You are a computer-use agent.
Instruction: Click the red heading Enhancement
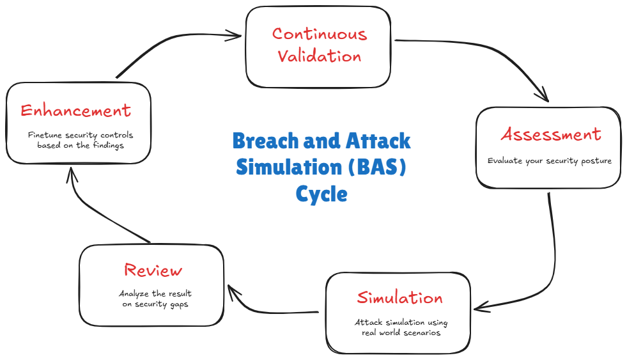(76, 111)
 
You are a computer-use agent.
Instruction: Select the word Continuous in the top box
(320, 34)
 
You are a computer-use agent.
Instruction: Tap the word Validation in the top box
(320, 56)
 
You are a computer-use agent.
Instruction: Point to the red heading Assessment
(550, 135)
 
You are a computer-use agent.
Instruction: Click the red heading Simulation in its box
(399, 298)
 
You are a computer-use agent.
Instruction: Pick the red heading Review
(153, 270)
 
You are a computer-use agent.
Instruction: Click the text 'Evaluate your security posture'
(549, 161)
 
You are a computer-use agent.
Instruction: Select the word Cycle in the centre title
(321, 193)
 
